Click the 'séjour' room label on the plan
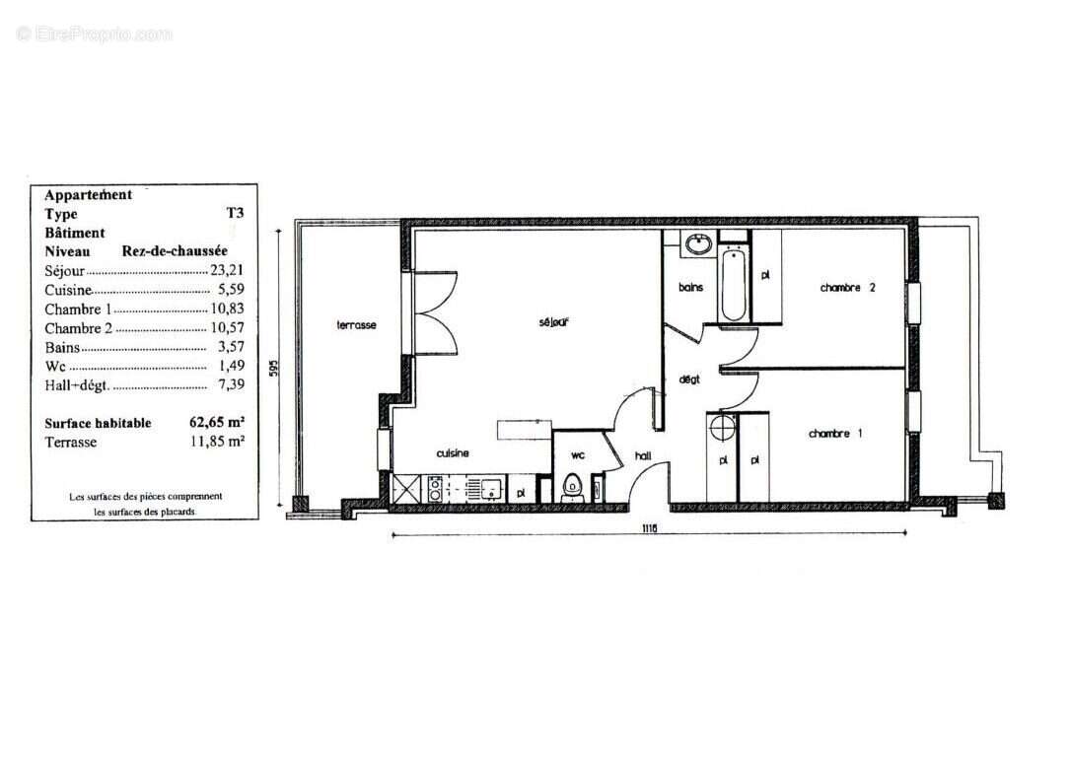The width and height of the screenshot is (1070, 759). pos(555,322)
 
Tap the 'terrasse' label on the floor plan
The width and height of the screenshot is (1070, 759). pos(356,325)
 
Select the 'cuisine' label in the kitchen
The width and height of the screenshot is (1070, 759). pos(453,453)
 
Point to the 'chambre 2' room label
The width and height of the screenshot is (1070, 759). pos(848,288)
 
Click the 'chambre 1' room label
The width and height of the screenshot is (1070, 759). pos(835,434)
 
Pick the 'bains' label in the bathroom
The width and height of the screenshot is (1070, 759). pos(690,288)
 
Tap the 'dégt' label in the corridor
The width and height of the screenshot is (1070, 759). pos(688,379)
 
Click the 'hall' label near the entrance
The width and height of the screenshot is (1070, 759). pos(642,455)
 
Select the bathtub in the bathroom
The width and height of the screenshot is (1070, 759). pos(733,286)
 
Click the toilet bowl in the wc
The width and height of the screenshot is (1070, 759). pos(571,487)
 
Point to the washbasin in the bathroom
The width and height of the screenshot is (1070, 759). pos(699,244)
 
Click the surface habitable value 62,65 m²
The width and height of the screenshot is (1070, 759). pos(217,423)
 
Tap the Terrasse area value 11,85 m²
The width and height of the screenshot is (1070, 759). pos(217,442)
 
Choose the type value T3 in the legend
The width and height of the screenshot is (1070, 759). pos(235,214)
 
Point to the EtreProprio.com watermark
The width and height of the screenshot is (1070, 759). pos(94,34)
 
